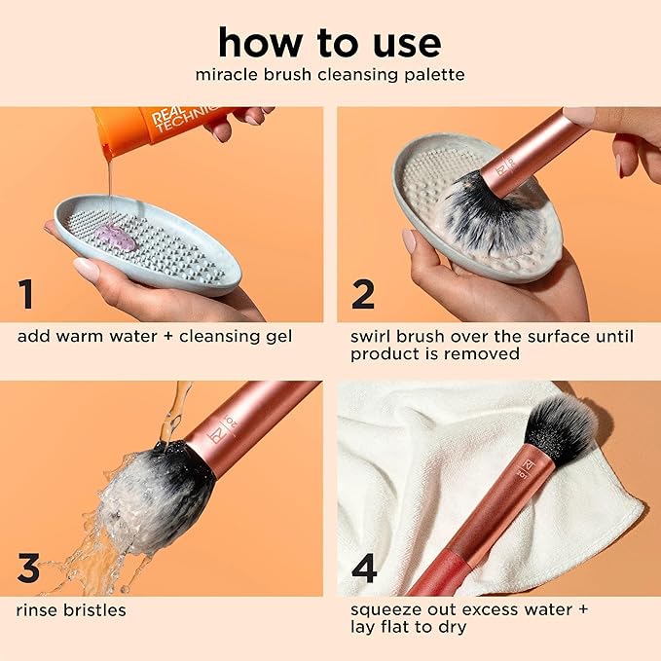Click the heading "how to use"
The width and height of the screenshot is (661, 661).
coord(329,42)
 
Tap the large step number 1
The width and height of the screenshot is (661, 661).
coord(27,293)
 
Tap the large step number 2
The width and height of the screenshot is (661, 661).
coord(363,293)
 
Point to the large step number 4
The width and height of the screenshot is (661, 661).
coord(364,568)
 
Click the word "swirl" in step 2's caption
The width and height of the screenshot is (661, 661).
coord(374,337)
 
